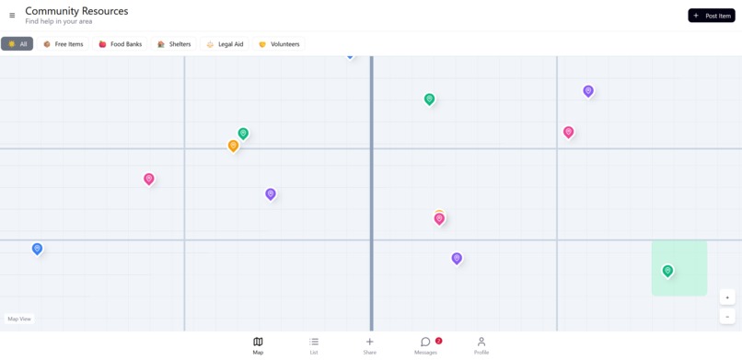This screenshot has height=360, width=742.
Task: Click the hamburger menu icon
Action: click(12, 16)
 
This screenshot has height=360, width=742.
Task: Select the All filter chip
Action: click(17, 44)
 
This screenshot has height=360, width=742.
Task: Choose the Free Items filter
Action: click(64, 44)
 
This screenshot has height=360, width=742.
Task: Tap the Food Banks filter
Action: click(121, 44)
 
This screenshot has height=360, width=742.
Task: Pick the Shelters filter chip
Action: click(174, 44)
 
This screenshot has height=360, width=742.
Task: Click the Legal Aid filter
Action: click(225, 44)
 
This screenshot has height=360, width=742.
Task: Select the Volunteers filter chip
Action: click(279, 44)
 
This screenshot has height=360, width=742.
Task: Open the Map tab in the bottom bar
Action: click(258, 345)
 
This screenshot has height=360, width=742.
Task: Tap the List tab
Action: click(314, 345)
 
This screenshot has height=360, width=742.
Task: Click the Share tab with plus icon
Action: click(369, 345)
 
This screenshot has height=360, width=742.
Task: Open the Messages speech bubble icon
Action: click(425, 343)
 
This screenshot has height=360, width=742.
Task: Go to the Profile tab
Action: click(481, 345)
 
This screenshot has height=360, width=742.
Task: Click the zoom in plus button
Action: click(727, 297)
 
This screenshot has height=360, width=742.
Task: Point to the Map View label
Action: click(19, 319)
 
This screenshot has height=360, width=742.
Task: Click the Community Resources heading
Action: click(76, 11)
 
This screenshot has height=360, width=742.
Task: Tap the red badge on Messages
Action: click(439, 341)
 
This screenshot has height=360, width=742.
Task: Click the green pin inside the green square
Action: click(667, 271)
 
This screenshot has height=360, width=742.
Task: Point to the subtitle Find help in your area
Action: click(59, 21)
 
